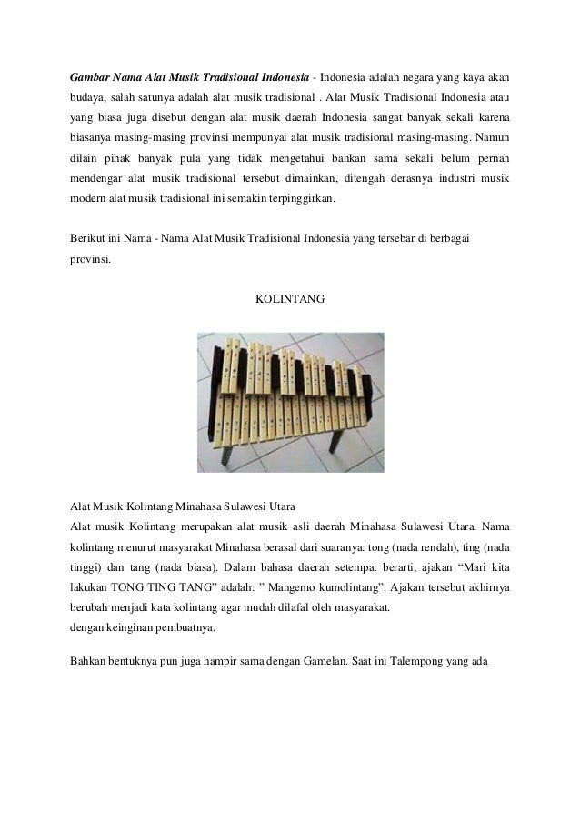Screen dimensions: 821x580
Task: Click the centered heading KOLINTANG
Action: click(289, 296)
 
